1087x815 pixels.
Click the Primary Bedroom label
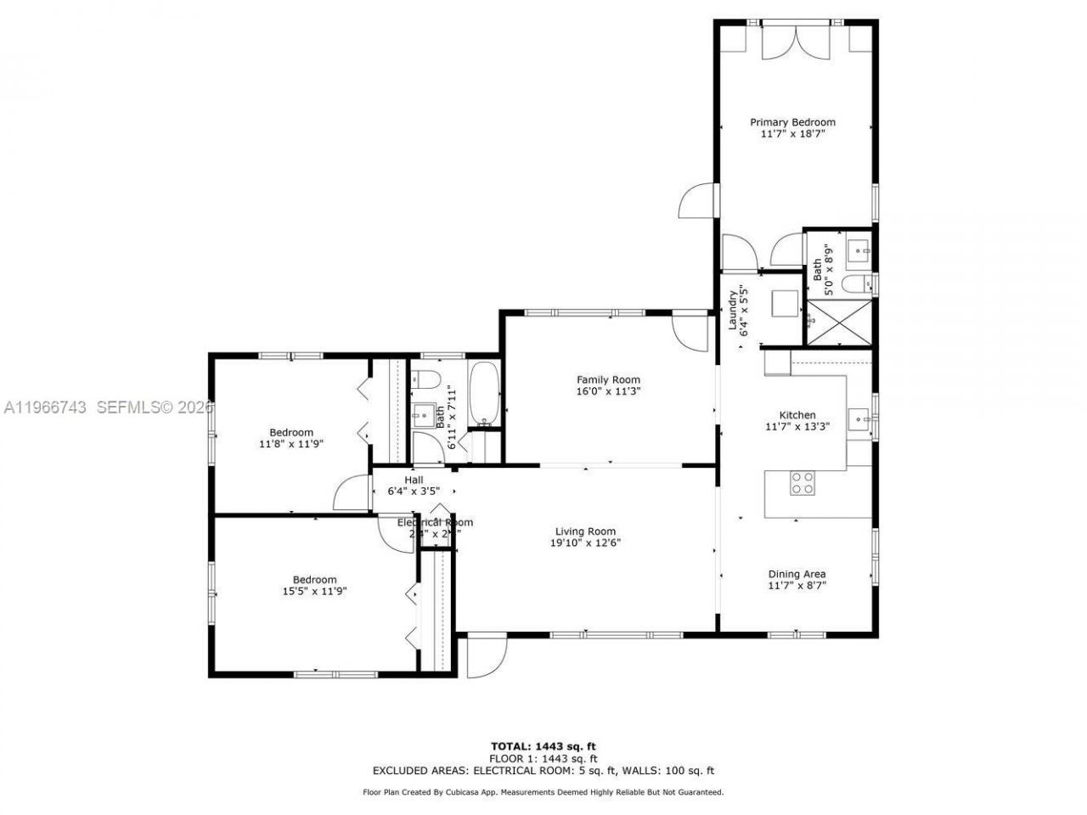[791, 122]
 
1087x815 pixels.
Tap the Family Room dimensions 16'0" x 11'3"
[607, 391]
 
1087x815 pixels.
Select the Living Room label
[585, 532]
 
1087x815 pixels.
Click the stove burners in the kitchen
[803, 482]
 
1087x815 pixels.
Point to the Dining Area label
[797, 574]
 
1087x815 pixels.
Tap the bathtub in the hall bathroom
[485, 394]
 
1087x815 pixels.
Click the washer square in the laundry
[785, 302]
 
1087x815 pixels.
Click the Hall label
[414, 480]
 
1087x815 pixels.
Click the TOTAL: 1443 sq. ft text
[543, 746]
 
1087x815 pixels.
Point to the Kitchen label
[797, 415]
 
